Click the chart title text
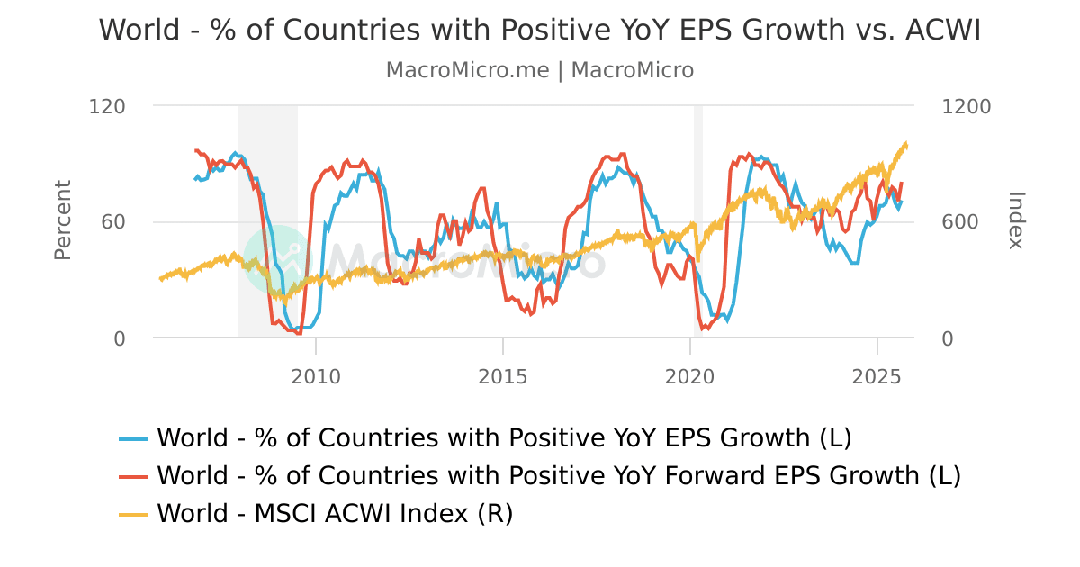pos(539,30)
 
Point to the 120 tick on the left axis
pos(107,106)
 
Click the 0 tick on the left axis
pos(120,338)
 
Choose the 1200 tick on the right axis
pos(965,106)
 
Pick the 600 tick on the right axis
pos(958,222)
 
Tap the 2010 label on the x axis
pos(316,375)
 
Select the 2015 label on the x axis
pos(503,375)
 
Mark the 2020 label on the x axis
pos(689,375)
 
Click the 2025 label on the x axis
pos(877,375)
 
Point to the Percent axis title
pos(62,220)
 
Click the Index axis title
pos(1016,220)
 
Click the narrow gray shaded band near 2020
pos(697,220)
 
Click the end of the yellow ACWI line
pos(906,145)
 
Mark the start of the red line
pos(196,151)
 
